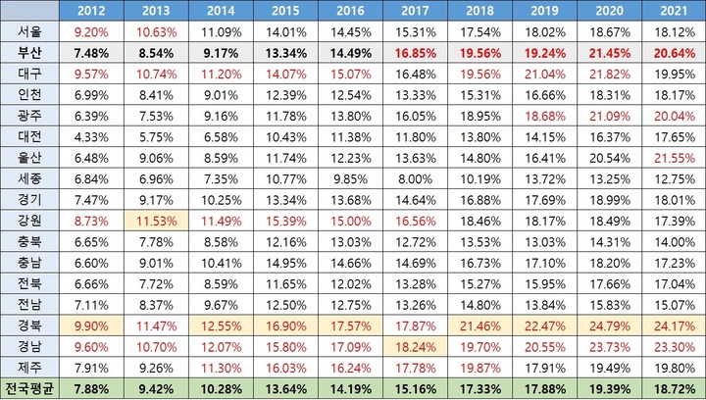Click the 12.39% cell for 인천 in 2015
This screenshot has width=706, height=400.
pos(283,95)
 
